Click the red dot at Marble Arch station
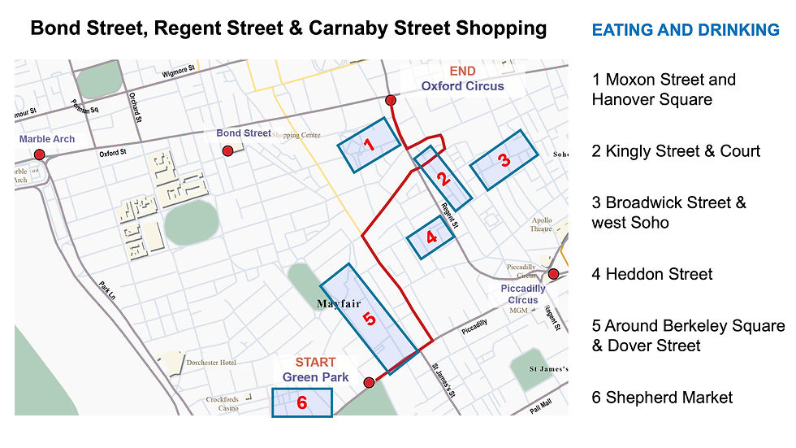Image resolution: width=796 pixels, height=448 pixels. click(x=39, y=154)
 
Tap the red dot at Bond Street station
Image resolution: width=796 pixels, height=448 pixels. click(x=228, y=150)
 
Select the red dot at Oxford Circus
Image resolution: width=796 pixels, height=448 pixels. click(x=391, y=100)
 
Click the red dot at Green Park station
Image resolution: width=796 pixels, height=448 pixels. click(x=368, y=382)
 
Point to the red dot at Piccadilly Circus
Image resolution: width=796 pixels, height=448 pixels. click(x=553, y=274)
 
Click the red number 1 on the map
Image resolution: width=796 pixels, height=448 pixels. click(x=368, y=146)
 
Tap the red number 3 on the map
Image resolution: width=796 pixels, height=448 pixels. click(x=504, y=160)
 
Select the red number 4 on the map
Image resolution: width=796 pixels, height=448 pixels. click(x=431, y=237)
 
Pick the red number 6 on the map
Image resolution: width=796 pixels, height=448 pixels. click(x=302, y=402)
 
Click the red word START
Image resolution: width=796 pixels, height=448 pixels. click(x=315, y=363)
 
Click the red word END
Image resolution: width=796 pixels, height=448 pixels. click(x=462, y=71)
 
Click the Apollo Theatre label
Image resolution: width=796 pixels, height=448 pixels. click(x=541, y=224)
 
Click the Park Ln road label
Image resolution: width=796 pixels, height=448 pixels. click(x=109, y=293)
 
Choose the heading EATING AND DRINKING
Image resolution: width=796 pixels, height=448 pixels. click(x=686, y=31)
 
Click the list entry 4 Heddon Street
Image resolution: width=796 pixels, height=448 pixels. click(x=652, y=274)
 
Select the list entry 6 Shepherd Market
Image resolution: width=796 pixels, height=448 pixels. click(x=662, y=398)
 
